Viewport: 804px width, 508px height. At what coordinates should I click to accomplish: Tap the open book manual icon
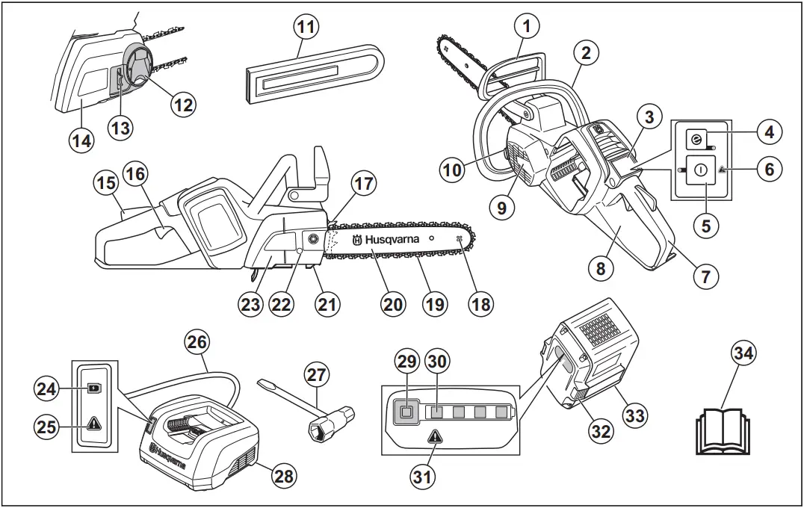click(722, 432)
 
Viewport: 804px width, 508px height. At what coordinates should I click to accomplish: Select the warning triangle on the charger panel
click(94, 424)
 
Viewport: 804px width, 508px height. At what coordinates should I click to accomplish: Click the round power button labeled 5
click(700, 170)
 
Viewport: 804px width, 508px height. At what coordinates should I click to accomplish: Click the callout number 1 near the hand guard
click(528, 27)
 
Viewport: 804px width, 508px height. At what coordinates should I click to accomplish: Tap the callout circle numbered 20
click(393, 304)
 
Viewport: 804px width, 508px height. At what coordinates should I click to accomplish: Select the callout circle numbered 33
click(634, 415)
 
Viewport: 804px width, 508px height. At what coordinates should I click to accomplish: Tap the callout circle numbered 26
click(197, 343)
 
